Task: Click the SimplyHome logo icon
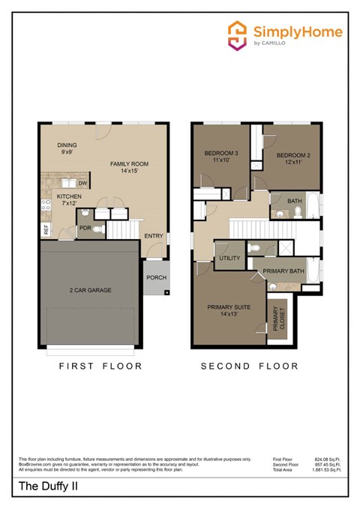(x=238, y=36)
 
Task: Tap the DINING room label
(x=67, y=146)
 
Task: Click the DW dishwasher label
(x=83, y=182)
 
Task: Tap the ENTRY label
(x=154, y=236)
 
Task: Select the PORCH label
(x=156, y=277)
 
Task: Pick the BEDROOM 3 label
(x=220, y=154)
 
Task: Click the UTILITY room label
(x=229, y=259)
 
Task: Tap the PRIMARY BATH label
(x=283, y=271)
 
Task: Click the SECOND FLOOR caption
(x=250, y=367)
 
